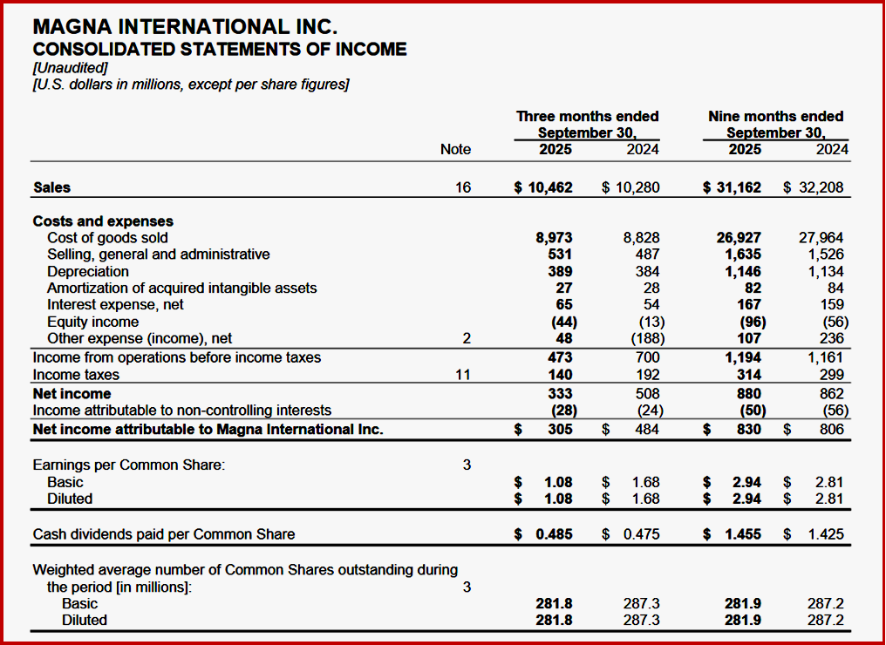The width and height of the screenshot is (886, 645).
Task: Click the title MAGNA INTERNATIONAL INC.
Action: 185,27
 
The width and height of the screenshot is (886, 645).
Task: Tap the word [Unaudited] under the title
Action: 70,67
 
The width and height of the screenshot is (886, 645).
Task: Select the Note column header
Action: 455,149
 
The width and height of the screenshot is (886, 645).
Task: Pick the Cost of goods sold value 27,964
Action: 821,237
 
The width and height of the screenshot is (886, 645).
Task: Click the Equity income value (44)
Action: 559,321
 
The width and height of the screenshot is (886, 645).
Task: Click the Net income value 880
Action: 747,394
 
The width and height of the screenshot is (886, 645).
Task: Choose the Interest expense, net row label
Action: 115,304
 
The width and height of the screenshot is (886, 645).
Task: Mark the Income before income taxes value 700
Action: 648,357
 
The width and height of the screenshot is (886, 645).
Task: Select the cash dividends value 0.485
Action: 553,534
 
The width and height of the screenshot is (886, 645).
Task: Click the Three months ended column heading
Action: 587,116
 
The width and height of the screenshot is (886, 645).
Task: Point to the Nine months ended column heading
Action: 776,116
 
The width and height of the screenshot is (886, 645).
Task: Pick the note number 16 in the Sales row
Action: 463,187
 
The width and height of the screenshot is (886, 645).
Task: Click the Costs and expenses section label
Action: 103,221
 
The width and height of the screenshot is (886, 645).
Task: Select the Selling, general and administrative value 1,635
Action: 742,254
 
